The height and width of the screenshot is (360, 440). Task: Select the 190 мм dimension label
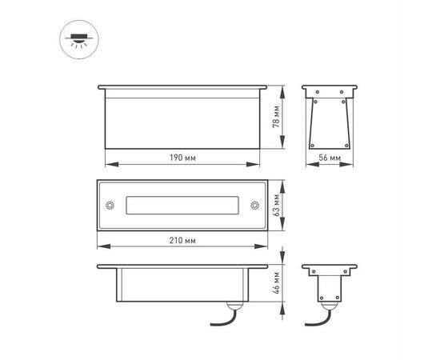click(x=184, y=158)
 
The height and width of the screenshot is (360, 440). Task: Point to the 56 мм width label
click(x=330, y=158)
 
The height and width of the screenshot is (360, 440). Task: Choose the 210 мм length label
click(x=184, y=239)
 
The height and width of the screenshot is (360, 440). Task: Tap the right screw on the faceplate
click(x=254, y=206)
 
